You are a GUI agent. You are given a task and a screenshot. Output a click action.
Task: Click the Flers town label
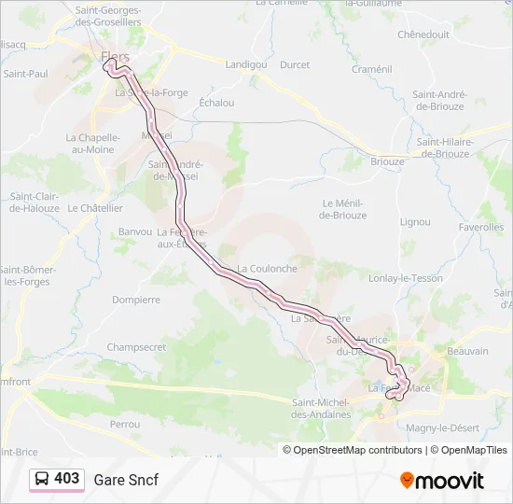(115, 57)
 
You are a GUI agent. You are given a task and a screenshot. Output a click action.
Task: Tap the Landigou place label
(246, 64)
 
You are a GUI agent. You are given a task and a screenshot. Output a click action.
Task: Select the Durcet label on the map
(295, 64)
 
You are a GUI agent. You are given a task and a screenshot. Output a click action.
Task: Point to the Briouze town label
(387, 161)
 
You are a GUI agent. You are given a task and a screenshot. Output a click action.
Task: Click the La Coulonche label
(267, 269)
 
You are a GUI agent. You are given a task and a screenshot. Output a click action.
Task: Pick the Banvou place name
(135, 231)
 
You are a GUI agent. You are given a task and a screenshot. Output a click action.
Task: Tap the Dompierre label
(136, 300)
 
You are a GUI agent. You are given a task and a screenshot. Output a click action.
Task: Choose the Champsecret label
(136, 346)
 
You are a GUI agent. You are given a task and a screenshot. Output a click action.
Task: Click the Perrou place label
(124, 424)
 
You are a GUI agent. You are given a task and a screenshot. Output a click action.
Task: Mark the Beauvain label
(468, 351)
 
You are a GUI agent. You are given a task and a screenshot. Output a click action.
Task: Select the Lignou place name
(415, 222)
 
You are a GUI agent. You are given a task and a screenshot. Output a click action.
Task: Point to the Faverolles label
(481, 227)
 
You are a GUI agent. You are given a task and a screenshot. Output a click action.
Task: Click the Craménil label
(372, 69)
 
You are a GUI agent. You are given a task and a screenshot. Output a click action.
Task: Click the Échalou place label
(217, 103)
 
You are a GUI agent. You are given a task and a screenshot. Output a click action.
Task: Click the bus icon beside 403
(42, 479)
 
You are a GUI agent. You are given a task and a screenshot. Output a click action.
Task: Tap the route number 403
(67, 479)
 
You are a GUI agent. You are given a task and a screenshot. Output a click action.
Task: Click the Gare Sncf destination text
(126, 480)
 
